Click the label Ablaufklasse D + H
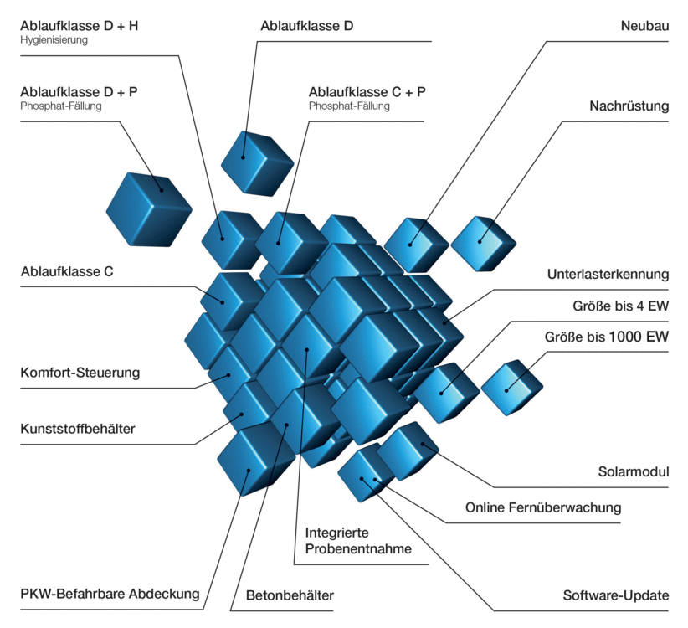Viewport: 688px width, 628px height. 80,26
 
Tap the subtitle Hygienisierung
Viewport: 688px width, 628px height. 54,40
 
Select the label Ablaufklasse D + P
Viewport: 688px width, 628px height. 79,92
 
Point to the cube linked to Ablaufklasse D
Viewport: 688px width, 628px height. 255,162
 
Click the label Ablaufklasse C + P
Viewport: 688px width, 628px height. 367,92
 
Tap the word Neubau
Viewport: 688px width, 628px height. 644,26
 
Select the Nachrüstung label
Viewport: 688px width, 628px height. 629,106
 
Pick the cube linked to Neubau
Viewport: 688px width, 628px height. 415,244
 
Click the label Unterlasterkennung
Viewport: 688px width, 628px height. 608,274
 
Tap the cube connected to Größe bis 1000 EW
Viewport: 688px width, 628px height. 511,387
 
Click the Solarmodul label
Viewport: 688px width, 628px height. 635,471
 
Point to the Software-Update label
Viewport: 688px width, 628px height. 616,596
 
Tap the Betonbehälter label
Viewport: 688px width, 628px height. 290,596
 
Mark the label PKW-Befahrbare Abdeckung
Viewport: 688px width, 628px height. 110,595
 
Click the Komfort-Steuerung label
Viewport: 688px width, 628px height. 80,372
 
